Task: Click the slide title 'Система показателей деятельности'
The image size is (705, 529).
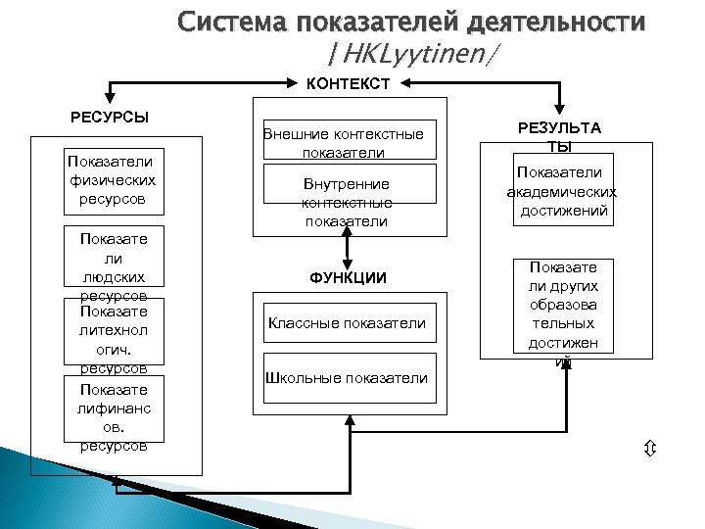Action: tap(411, 22)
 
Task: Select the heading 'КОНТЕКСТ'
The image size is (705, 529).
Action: tap(349, 84)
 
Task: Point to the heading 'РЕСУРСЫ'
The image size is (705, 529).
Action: tap(110, 118)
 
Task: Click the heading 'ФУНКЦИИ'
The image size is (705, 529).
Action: tap(350, 278)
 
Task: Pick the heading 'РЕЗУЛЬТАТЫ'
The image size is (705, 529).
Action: tap(558, 137)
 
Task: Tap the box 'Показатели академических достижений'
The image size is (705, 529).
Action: tap(558, 190)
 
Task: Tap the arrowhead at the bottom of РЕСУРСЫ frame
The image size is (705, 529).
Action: tap(115, 481)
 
